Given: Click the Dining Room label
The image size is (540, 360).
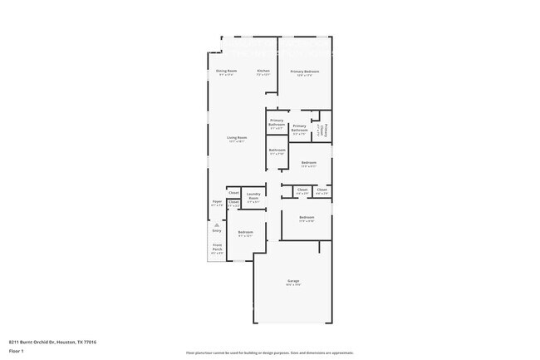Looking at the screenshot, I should click(227, 71).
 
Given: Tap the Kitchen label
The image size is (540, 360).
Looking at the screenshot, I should click(263, 71).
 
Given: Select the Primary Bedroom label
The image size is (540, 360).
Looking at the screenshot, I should click(305, 72).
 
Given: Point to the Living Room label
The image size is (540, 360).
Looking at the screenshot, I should click(238, 137).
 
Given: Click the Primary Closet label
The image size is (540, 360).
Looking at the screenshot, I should click(327, 130).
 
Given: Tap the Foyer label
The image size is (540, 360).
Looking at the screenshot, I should click(217, 200).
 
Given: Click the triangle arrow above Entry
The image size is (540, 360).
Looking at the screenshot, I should click(216, 224).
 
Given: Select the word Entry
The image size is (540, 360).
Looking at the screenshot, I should click(216, 230).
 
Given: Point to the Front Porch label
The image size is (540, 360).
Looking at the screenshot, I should click(217, 247).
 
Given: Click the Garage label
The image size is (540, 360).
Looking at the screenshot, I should click(292, 281).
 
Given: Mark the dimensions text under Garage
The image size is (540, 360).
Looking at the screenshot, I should click(292, 285).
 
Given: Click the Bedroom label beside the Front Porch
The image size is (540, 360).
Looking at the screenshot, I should click(245, 232).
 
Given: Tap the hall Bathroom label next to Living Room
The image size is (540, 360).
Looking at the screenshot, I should click(277, 150).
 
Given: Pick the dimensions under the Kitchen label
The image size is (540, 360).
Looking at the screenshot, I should click(263, 75).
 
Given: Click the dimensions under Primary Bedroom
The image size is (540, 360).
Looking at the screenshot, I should click(305, 76).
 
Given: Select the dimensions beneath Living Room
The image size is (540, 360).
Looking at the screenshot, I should click(238, 141).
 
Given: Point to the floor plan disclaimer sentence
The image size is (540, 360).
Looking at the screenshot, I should click(269, 353).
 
